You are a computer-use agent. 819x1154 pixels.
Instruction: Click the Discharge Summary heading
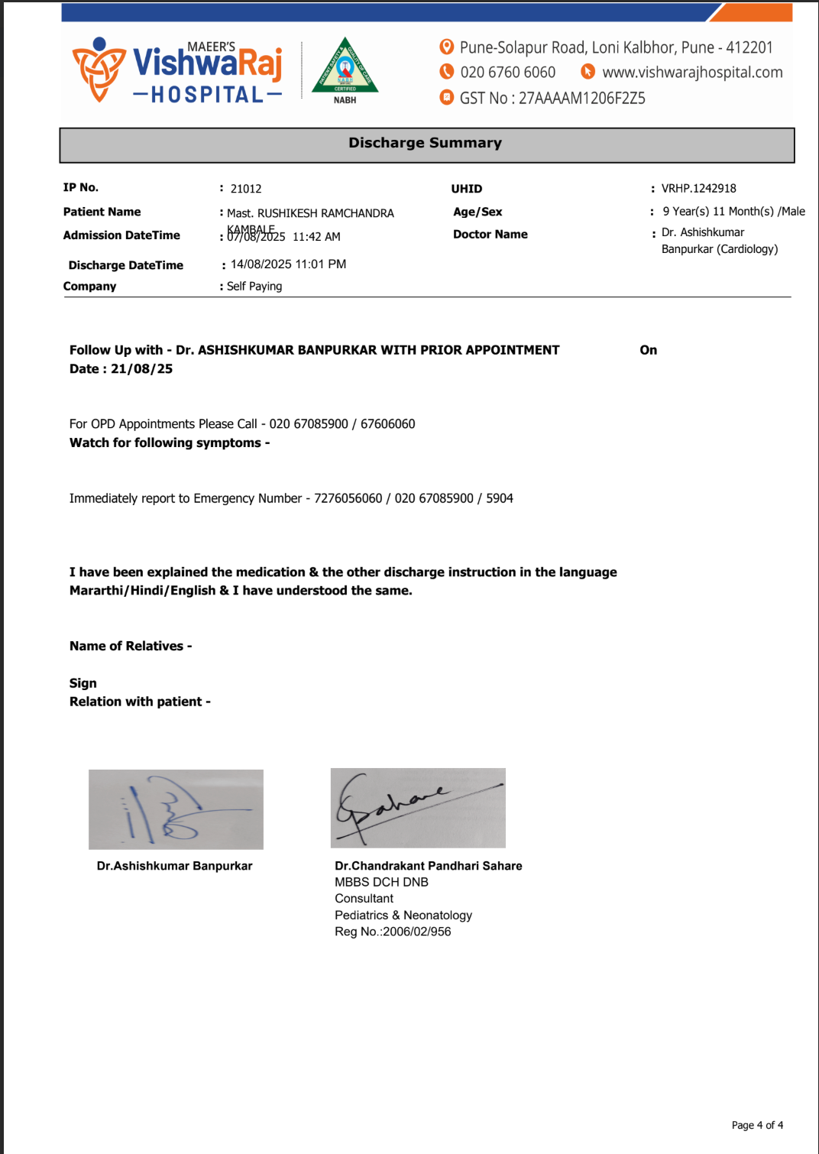pos(425,143)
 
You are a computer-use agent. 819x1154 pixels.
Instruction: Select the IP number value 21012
pos(246,189)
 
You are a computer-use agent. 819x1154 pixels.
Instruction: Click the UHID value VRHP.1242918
pos(698,188)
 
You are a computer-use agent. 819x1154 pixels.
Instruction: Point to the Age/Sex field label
pos(477,212)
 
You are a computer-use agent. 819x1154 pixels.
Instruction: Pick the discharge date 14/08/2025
pos(261,264)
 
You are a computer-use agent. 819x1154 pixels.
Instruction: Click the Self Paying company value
pos(254,287)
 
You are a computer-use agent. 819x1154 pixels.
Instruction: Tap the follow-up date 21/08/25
pos(142,369)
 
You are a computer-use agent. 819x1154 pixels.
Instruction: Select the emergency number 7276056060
pos(348,498)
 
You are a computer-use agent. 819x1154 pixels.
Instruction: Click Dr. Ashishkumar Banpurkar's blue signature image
pos(176,809)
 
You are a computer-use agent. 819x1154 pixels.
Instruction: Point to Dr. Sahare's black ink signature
pos(418,808)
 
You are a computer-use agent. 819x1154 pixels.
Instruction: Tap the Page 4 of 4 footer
pos(757,1125)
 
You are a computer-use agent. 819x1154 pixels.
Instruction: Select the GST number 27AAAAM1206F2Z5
pos(581,99)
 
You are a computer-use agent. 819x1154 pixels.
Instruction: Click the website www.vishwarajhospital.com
pos(692,73)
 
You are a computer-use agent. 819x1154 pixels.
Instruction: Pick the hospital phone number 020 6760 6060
pos(507,73)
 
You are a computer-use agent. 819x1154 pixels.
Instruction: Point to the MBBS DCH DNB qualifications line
pos(381,882)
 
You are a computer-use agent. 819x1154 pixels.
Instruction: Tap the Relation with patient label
pos(140,702)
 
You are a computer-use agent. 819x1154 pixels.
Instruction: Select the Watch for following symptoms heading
pos(169,443)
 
